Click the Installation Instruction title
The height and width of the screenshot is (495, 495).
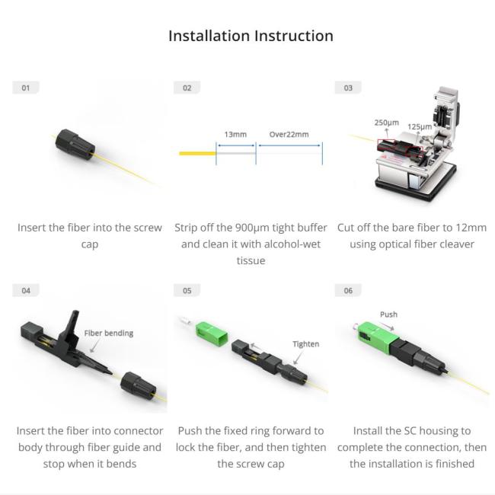coord(251,36)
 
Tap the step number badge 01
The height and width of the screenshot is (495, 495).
coord(26,88)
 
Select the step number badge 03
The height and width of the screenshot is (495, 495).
coord(348,88)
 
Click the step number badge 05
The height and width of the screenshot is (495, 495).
coord(187,290)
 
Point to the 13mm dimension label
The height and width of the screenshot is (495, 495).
coord(235,135)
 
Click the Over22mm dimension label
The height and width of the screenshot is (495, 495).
coord(289,135)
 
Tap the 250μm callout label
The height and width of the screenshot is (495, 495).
coord(387,123)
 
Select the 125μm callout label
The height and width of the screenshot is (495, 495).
coord(420,126)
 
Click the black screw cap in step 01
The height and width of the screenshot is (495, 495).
coord(75,144)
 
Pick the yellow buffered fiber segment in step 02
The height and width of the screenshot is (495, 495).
coord(198,153)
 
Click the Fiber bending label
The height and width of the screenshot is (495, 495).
coord(109,333)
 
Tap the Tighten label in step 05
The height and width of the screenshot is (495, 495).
coord(305,343)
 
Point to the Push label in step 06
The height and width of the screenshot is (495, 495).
coord(388,315)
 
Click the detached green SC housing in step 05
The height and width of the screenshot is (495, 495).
coord(211,334)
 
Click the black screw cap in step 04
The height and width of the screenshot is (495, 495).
coord(139,387)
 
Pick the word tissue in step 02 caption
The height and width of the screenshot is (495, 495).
coord(251,260)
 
